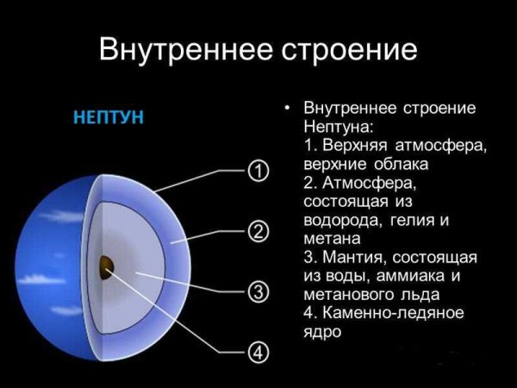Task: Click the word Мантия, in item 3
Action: (x=355, y=258)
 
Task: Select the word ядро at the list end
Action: (x=323, y=332)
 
